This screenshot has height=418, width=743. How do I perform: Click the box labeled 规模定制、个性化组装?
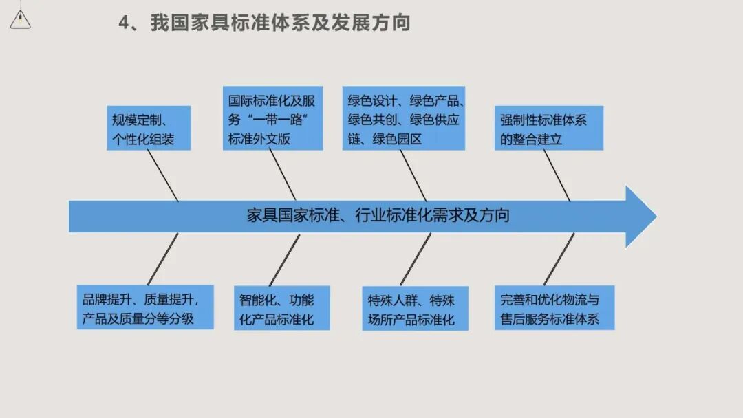[x=148, y=129]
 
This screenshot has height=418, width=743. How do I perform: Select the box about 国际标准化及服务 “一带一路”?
[x=272, y=118]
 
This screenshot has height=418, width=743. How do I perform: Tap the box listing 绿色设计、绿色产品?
[x=404, y=118]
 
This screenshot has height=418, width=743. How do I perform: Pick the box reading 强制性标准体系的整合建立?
[x=548, y=129]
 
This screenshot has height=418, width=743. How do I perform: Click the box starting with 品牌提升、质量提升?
[x=144, y=307]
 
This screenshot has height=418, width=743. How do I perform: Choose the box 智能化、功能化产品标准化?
[x=281, y=309]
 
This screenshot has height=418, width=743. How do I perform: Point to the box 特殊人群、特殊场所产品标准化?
[x=415, y=309]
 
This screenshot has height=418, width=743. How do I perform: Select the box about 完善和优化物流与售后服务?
[x=554, y=308]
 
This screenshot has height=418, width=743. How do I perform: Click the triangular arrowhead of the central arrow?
[x=639, y=216]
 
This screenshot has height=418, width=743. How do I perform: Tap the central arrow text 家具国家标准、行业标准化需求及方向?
[x=378, y=216]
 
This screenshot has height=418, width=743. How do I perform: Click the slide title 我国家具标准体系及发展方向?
[x=281, y=23]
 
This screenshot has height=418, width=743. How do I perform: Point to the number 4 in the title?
[x=124, y=23]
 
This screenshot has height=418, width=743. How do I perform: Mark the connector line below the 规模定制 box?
[x=164, y=175]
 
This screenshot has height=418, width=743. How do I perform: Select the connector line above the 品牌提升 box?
[x=162, y=258]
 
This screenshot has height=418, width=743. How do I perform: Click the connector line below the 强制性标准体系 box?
[x=557, y=175]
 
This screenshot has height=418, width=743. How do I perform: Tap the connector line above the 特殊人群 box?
[x=416, y=259]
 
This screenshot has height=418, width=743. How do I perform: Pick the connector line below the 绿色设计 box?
[x=413, y=175]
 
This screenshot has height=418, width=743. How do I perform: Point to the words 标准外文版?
[x=259, y=139]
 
